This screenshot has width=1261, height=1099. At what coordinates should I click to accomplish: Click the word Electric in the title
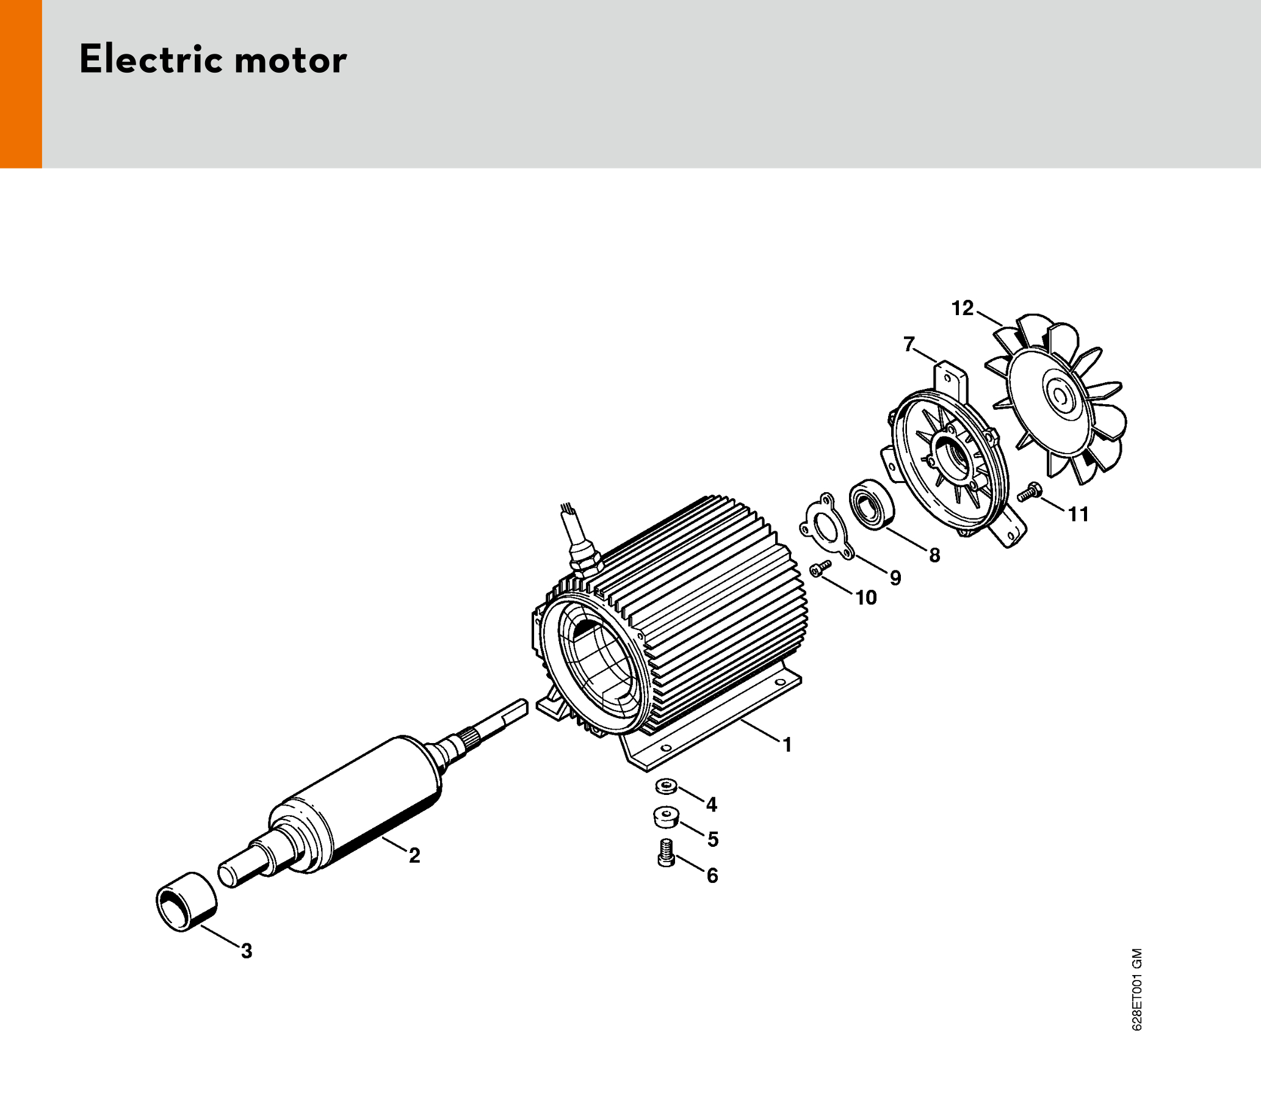150,60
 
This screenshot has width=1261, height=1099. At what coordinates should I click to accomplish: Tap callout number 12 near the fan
963,308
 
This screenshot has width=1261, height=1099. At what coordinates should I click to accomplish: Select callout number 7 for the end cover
909,345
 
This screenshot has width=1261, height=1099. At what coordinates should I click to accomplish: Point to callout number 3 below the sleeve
247,951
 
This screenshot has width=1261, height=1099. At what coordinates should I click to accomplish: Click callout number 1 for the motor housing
787,745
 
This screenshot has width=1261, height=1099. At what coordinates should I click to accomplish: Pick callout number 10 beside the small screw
865,597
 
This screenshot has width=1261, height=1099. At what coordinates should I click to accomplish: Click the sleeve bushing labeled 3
186,902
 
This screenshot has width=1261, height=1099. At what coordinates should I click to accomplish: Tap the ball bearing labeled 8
871,505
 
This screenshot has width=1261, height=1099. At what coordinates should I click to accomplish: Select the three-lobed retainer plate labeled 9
823,526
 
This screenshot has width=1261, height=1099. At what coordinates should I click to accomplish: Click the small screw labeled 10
820,568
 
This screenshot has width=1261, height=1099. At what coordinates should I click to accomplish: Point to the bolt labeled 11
1030,491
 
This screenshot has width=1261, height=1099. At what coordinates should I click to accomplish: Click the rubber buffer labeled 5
667,817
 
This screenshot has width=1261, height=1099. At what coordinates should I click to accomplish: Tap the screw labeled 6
666,852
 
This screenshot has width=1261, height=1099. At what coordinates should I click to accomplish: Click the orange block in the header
21,84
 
